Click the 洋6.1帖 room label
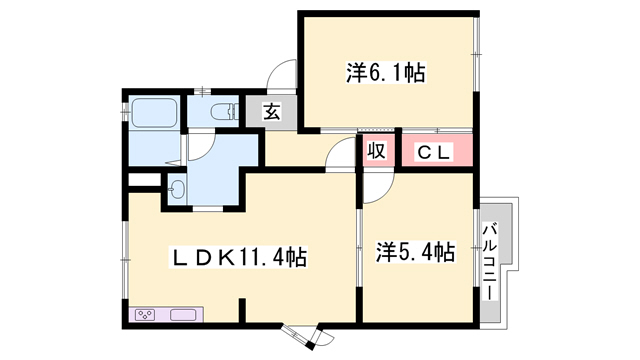(x=386, y=72)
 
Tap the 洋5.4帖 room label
(x=416, y=250)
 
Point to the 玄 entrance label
(x=271, y=112)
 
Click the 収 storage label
(x=376, y=151)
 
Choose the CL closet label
(x=436, y=151)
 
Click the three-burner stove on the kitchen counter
(x=145, y=315)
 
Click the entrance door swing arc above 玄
(x=282, y=77)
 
